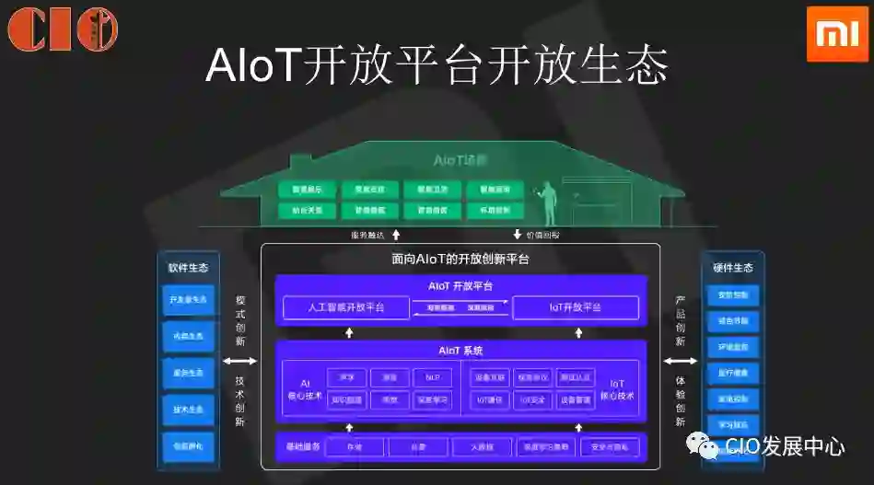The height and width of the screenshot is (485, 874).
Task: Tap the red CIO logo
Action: pos(63,29)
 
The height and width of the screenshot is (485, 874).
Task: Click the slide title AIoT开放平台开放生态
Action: pos(437,65)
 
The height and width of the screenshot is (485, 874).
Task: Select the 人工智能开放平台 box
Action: pos(345,307)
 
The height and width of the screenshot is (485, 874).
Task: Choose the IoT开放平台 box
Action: pos(576,307)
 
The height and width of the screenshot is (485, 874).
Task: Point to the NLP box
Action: pos(432,377)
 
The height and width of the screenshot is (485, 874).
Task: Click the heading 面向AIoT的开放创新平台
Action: pos(460,260)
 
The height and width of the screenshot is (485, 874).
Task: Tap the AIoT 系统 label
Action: pos(460,351)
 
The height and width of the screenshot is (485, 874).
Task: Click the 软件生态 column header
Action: pos(188,268)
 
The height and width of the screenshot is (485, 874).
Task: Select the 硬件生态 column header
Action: pos(732,268)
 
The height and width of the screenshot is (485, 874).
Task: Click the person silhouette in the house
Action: pos(550,203)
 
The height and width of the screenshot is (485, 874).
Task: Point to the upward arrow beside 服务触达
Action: pos(396,235)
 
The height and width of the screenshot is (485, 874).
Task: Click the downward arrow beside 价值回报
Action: pos(518,235)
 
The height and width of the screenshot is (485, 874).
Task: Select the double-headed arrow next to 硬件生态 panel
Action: pos(681,362)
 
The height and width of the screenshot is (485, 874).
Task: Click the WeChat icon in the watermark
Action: pos(707,448)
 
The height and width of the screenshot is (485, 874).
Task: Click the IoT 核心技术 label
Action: pos(617,389)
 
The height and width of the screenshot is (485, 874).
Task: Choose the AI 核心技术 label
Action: pos(305,389)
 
